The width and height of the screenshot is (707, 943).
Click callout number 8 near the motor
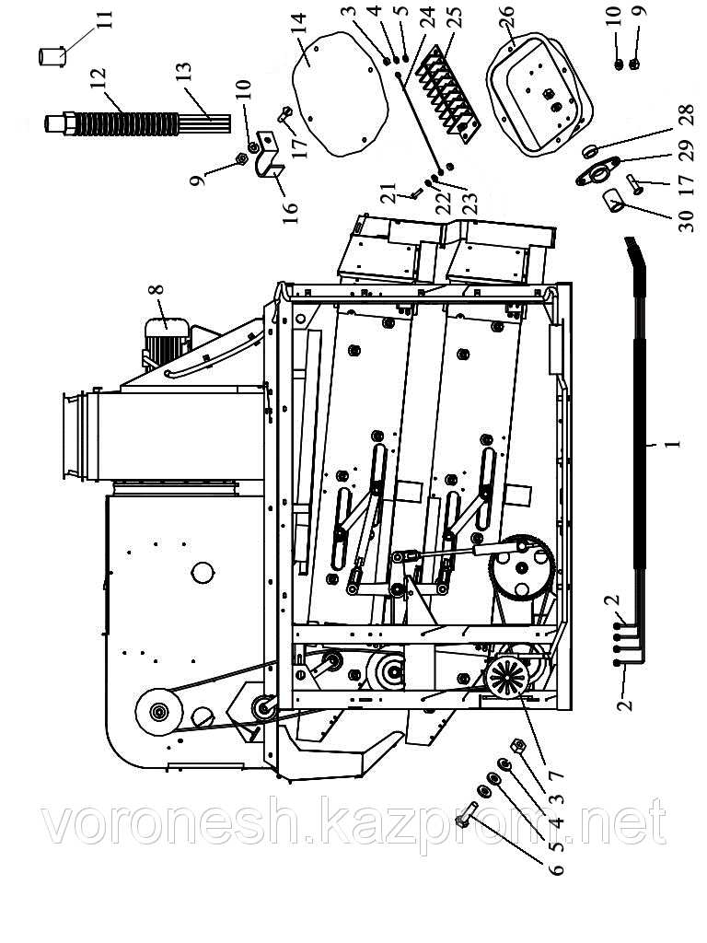click(x=156, y=289)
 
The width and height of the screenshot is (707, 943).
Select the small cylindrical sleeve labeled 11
click(x=52, y=56)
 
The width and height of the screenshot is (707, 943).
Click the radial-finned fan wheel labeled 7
click(x=508, y=676)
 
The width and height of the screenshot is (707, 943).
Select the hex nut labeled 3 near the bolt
click(x=517, y=746)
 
